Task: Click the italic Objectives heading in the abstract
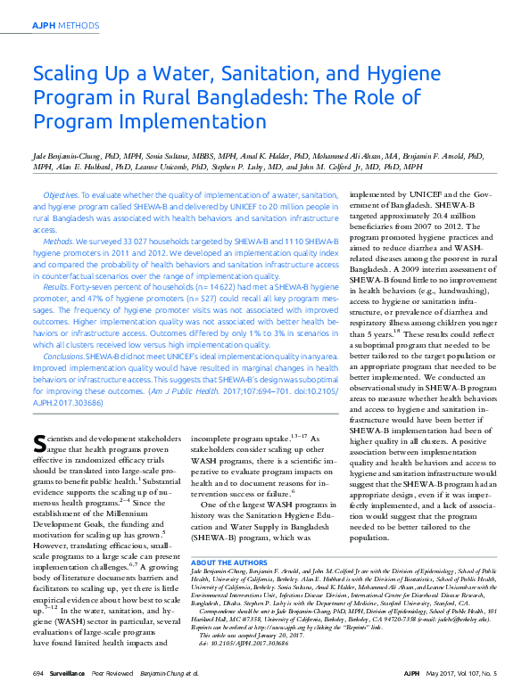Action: point(61,194)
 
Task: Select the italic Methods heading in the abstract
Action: point(58,241)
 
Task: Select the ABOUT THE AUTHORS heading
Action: point(229,563)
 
